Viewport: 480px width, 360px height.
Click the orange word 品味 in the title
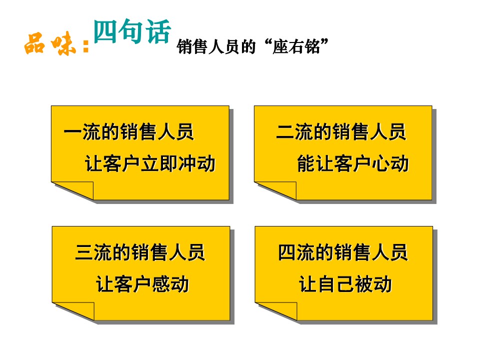coord(50,44)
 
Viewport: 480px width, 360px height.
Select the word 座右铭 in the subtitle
coord(296,47)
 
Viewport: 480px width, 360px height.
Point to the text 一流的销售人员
coord(128,132)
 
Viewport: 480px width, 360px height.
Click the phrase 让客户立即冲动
coord(150,163)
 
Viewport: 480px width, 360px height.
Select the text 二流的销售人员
coord(340,132)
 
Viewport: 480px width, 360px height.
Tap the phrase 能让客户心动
coord(352,163)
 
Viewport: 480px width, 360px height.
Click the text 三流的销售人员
coord(139,252)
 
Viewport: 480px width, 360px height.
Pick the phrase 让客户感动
coord(142,284)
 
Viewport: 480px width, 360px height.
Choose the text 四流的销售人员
coord(342,252)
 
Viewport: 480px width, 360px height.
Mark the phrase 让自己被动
coord(345,284)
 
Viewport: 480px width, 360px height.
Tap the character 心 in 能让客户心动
coord(380,163)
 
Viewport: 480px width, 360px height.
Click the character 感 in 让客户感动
coord(161,284)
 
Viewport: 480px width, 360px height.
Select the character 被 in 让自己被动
coord(364,284)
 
